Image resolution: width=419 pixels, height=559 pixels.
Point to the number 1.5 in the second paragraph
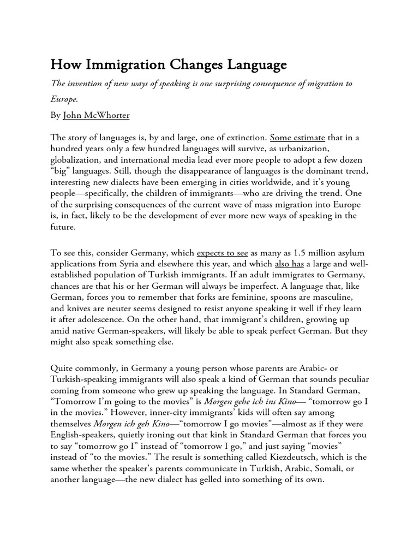tap(297, 253)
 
